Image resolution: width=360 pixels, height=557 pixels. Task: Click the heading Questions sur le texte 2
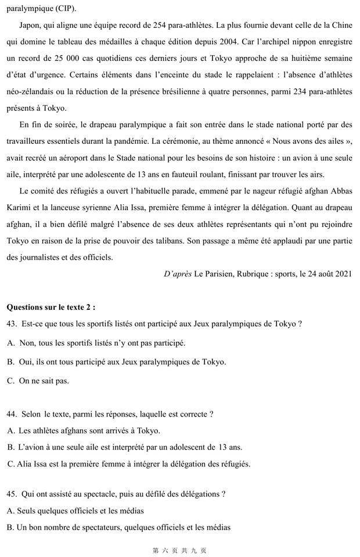(51, 307)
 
